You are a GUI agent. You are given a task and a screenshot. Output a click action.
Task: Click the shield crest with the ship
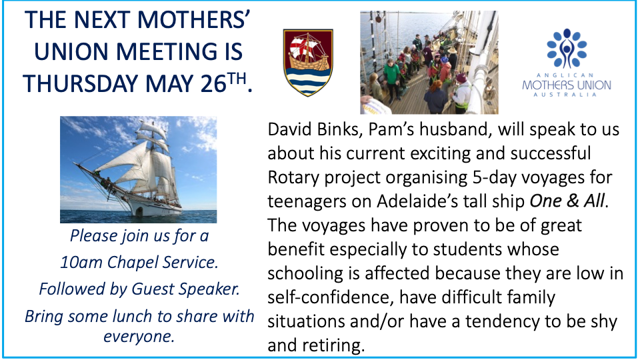pyautogui.click(x=308, y=63)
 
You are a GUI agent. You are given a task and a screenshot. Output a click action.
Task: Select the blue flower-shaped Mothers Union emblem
pyautogui.click(x=567, y=48)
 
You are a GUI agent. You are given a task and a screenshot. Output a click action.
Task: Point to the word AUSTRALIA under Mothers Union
pyautogui.click(x=567, y=95)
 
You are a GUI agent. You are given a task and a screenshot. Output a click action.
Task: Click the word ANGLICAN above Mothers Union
pyautogui.click(x=567, y=75)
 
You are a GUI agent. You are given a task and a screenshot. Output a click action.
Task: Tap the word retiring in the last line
pyautogui.click(x=334, y=346)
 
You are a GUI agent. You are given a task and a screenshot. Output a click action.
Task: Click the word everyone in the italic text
pyautogui.click(x=139, y=337)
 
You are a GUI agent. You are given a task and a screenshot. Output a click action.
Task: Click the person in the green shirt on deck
pyautogui.click(x=391, y=80)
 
